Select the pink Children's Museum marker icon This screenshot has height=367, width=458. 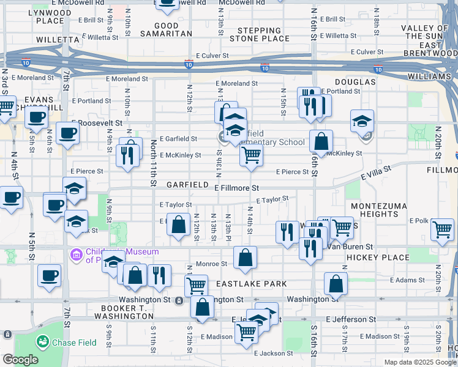[x=76, y=253]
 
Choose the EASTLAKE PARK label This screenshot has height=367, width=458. [x=250, y=284]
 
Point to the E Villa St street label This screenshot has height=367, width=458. [x=375, y=172]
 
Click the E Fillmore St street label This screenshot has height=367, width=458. [x=237, y=188]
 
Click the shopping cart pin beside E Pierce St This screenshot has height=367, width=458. [x=251, y=155]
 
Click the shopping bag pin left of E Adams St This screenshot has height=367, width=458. [x=336, y=283]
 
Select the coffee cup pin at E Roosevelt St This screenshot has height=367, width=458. [x=67, y=132]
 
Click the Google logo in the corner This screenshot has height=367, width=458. [x=20, y=360]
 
